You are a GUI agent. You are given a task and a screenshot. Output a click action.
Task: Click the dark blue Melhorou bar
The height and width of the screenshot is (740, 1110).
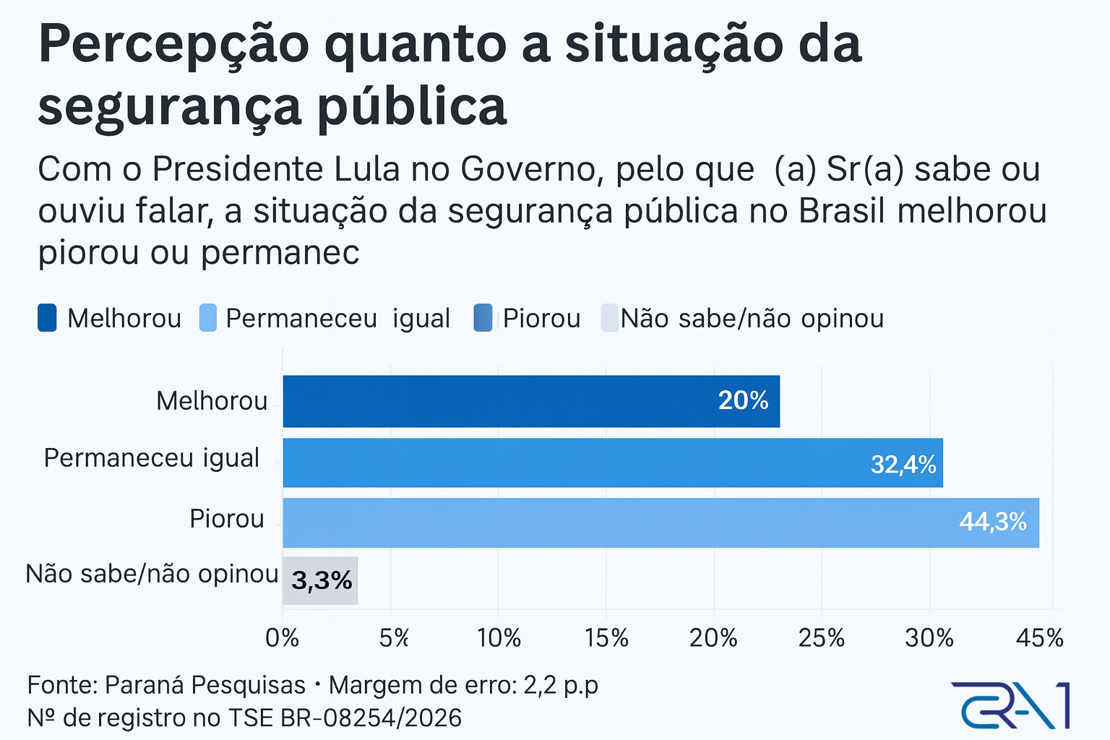pyautogui.click(x=531, y=401)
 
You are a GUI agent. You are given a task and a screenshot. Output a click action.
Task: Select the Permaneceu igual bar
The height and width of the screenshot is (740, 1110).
pyautogui.click(x=613, y=462)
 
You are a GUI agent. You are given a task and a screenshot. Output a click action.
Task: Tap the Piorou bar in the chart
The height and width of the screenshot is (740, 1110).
pyautogui.click(x=661, y=522)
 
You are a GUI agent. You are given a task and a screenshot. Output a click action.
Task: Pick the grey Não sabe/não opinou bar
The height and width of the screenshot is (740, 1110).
pyautogui.click(x=320, y=580)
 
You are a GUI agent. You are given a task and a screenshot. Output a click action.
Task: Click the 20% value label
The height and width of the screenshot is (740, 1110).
pyautogui.click(x=743, y=401)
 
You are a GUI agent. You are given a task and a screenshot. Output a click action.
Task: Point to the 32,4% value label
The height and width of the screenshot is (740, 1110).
pyautogui.click(x=903, y=464)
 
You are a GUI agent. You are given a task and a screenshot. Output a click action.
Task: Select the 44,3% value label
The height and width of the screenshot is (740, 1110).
pyautogui.click(x=993, y=522)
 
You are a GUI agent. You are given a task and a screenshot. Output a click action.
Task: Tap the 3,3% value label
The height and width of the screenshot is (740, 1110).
pyautogui.click(x=322, y=580)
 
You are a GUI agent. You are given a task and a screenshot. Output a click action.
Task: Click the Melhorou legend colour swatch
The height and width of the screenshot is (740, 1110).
pyautogui.click(x=47, y=318)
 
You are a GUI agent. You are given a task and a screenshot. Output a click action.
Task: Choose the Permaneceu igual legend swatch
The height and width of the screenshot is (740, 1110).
pyautogui.click(x=208, y=318)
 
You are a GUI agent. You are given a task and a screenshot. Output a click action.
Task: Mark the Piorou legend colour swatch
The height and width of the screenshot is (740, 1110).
pyautogui.click(x=483, y=318)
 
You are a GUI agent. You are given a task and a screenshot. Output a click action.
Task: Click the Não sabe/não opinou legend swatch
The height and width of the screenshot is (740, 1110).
pyautogui.click(x=610, y=318)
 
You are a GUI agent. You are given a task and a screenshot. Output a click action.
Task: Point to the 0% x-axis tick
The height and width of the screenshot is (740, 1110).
pyautogui.click(x=282, y=638)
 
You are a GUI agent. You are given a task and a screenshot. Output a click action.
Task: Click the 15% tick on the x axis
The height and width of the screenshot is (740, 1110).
pyautogui.click(x=606, y=638)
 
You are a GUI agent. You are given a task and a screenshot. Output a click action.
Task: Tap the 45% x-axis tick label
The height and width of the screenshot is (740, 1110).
pyautogui.click(x=1039, y=638)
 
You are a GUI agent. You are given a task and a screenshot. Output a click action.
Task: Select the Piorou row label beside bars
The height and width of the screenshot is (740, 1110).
pyautogui.click(x=227, y=519)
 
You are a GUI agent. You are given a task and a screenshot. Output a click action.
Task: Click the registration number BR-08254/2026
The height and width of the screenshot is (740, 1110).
pyautogui.click(x=371, y=718)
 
